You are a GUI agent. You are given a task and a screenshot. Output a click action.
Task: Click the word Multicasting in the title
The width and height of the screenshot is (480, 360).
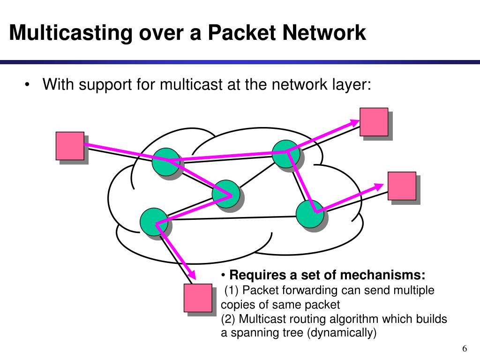[71, 33]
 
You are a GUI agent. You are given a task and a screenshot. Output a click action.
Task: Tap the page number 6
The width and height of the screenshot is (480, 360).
[465, 349]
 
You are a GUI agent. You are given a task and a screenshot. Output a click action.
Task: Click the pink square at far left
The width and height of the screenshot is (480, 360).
[70, 146]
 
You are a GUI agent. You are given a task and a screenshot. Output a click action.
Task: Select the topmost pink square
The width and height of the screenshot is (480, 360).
[374, 122]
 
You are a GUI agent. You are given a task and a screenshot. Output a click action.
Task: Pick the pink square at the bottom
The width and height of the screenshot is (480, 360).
[198, 298]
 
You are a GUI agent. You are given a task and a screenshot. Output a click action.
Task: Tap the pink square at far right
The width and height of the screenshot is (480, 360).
[402, 186]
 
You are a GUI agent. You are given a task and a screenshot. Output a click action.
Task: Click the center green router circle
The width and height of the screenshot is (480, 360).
[226, 194]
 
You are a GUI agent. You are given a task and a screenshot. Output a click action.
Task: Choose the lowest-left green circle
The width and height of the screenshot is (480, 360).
[154, 222]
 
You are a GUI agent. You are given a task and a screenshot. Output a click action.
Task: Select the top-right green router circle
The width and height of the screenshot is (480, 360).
[286, 154]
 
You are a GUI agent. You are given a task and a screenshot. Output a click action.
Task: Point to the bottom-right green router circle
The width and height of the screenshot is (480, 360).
[310, 214]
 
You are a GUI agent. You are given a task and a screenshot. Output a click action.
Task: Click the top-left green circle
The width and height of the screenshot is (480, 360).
[166, 162]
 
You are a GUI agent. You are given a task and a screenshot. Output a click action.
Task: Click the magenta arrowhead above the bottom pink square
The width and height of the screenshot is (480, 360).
[191, 274]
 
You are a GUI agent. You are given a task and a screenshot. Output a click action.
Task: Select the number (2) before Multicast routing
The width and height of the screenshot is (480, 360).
[228, 319]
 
